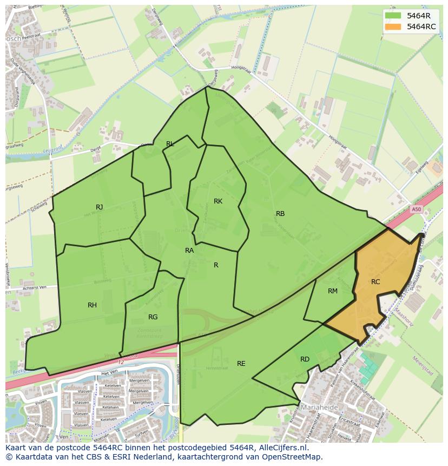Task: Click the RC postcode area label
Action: (x=375, y=282)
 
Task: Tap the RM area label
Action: (x=333, y=291)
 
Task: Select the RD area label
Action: (x=305, y=359)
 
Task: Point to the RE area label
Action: (x=241, y=364)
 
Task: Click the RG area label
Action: (x=153, y=317)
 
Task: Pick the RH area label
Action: (x=93, y=305)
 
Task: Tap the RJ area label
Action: (x=100, y=207)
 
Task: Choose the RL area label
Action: (x=170, y=144)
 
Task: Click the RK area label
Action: (x=218, y=201)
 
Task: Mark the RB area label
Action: (x=280, y=214)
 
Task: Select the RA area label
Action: (x=189, y=251)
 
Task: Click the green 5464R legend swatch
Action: (x=394, y=16)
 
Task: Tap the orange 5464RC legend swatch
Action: (x=394, y=27)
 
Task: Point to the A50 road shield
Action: (x=416, y=209)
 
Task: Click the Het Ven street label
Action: (x=110, y=373)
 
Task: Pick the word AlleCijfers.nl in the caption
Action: (x=282, y=448)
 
